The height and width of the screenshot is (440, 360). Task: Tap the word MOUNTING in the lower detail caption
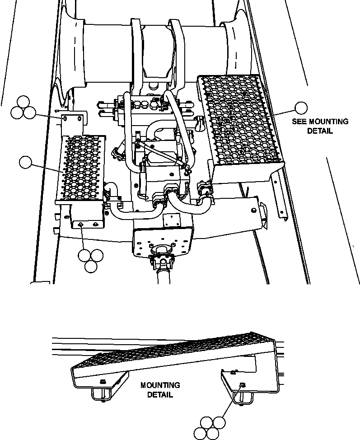coord(160,385)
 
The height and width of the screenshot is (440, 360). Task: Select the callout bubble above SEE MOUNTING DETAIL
coord(301,108)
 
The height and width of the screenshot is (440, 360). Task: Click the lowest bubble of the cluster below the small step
coord(91,267)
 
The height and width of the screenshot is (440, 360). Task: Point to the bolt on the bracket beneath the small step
coord(80,224)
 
